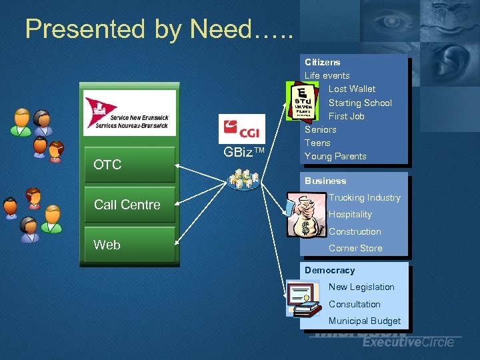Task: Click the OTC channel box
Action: (x=127, y=165)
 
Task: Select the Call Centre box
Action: (x=127, y=205)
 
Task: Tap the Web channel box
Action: (x=127, y=245)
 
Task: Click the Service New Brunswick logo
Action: (x=129, y=113)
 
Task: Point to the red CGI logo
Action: (x=241, y=129)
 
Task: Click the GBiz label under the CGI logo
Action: (x=244, y=152)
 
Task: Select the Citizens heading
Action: (x=323, y=62)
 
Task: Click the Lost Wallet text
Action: (x=352, y=89)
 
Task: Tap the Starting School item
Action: (x=360, y=103)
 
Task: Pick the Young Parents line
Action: (x=335, y=156)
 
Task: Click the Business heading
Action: (x=325, y=181)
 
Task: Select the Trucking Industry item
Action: (x=365, y=197)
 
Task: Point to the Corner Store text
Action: (x=355, y=248)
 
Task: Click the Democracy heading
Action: (x=330, y=270)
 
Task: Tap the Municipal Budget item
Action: (x=365, y=321)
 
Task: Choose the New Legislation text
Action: (x=361, y=287)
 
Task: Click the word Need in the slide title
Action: (x=220, y=29)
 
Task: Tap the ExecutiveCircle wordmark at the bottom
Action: (x=408, y=342)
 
